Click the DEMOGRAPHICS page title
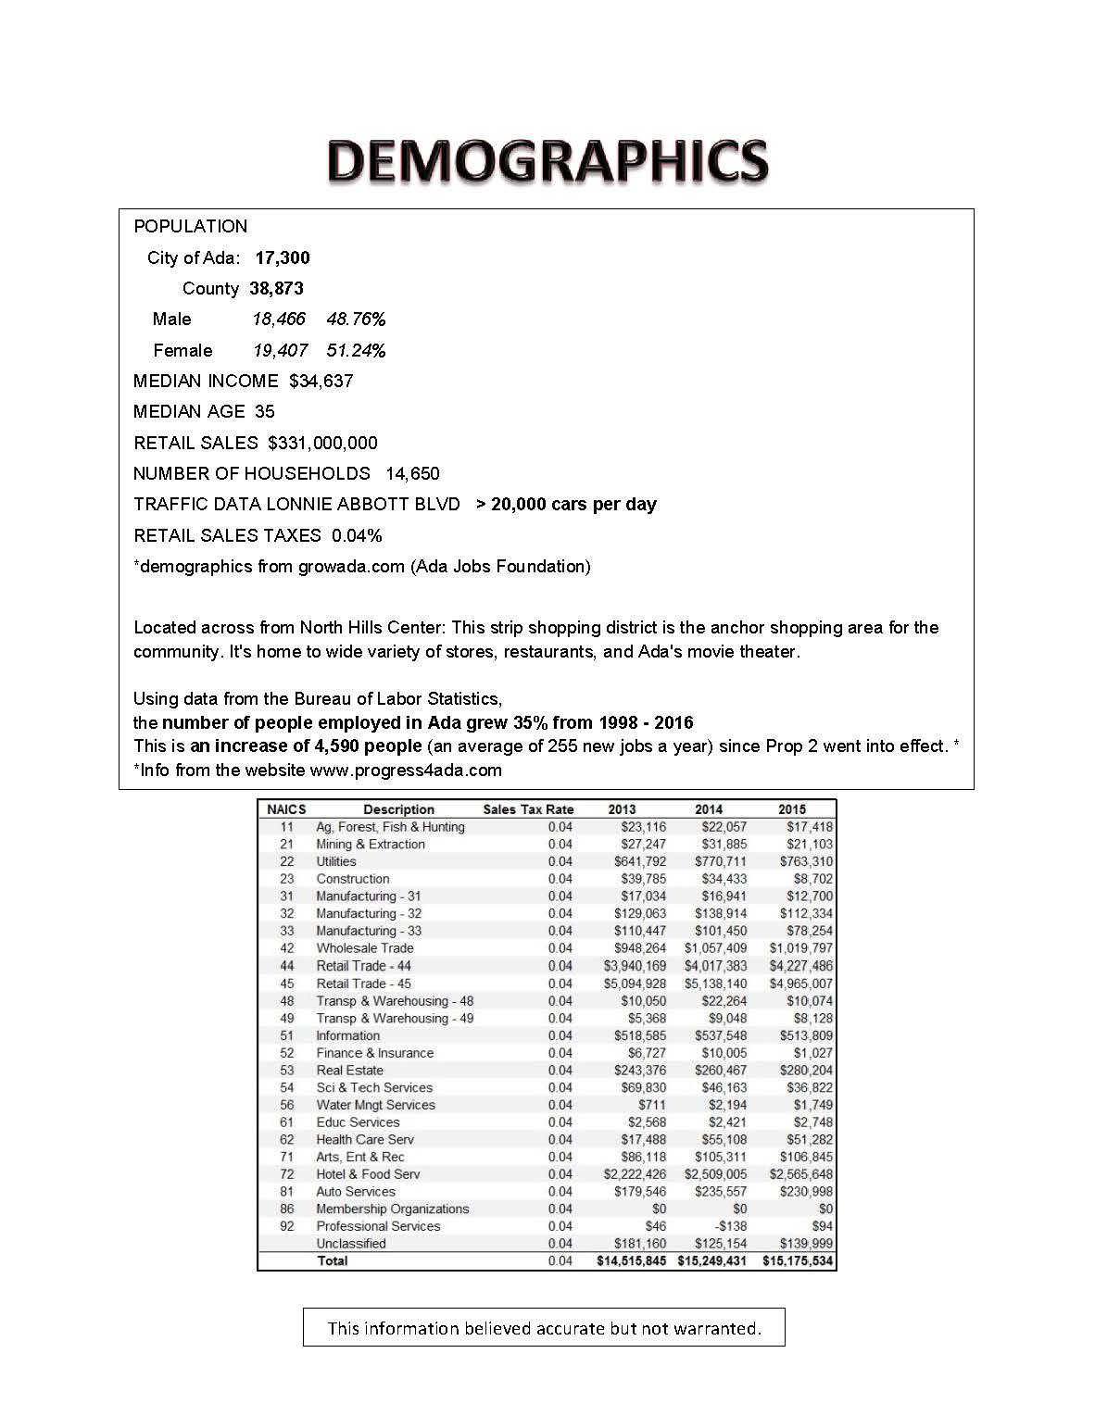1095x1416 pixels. pyautogui.click(x=547, y=161)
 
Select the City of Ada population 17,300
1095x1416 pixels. pyautogui.click(x=283, y=257)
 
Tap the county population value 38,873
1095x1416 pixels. pyautogui.click(x=276, y=288)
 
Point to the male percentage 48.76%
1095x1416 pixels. pyautogui.click(x=356, y=319)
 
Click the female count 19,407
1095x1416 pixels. pyautogui.click(x=280, y=350)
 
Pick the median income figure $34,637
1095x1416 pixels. pyautogui.click(x=321, y=381)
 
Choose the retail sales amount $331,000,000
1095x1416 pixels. pyautogui.click(x=322, y=443)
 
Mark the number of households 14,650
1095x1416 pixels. pyautogui.click(x=412, y=473)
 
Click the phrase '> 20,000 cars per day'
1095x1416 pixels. pyautogui.click(x=566, y=504)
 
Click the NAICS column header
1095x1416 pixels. pyautogui.click(x=286, y=809)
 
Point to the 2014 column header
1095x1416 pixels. pyautogui.click(x=709, y=809)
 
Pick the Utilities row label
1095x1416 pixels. pyautogui.click(x=335, y=861)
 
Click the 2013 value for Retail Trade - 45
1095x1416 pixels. pyautogui.click(x=635, y=984)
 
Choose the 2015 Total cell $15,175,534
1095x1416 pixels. pyautogui.click(x=797, y=1260)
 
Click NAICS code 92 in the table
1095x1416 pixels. pyautogui.click(x=287, y=1226)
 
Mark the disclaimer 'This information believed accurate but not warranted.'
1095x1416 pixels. pyautogui.click(x=544, y=1328)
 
